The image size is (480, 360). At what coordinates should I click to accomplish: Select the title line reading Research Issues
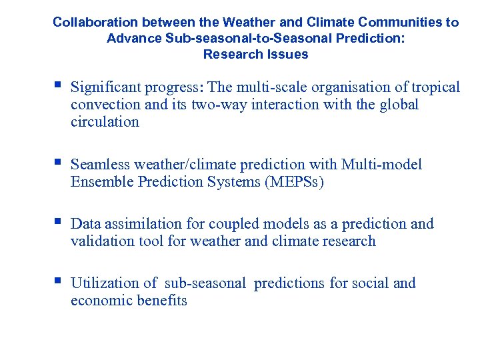pyautogui.click(x=255, y=54)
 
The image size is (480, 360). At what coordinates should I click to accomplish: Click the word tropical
pyautogui.click(x=435, y=87)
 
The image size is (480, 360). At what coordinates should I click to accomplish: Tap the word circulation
pyautogui.click(x=105, y=122)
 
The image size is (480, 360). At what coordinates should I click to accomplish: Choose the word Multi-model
pyautogui.click(x=381, y=165)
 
